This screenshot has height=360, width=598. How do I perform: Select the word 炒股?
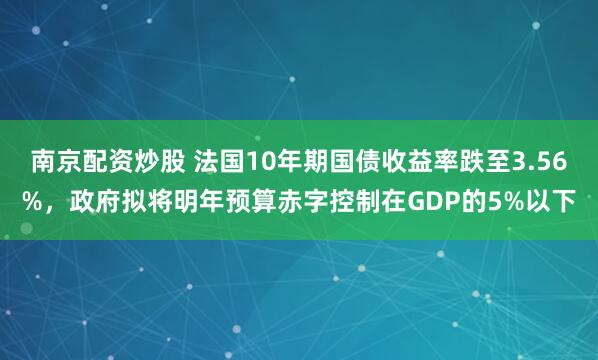[x=156, y=161]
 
